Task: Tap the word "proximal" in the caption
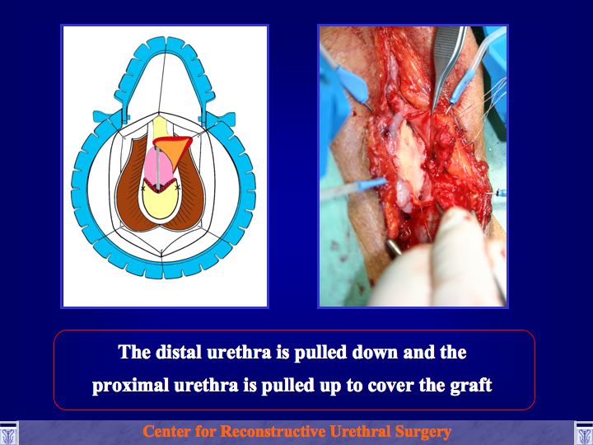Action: pos(130,385)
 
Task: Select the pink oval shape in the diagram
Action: pos(158,166)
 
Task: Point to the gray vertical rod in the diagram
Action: pos(158,167)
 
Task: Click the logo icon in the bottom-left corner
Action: pos(8,433)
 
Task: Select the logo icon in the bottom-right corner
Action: pos(584,433)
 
